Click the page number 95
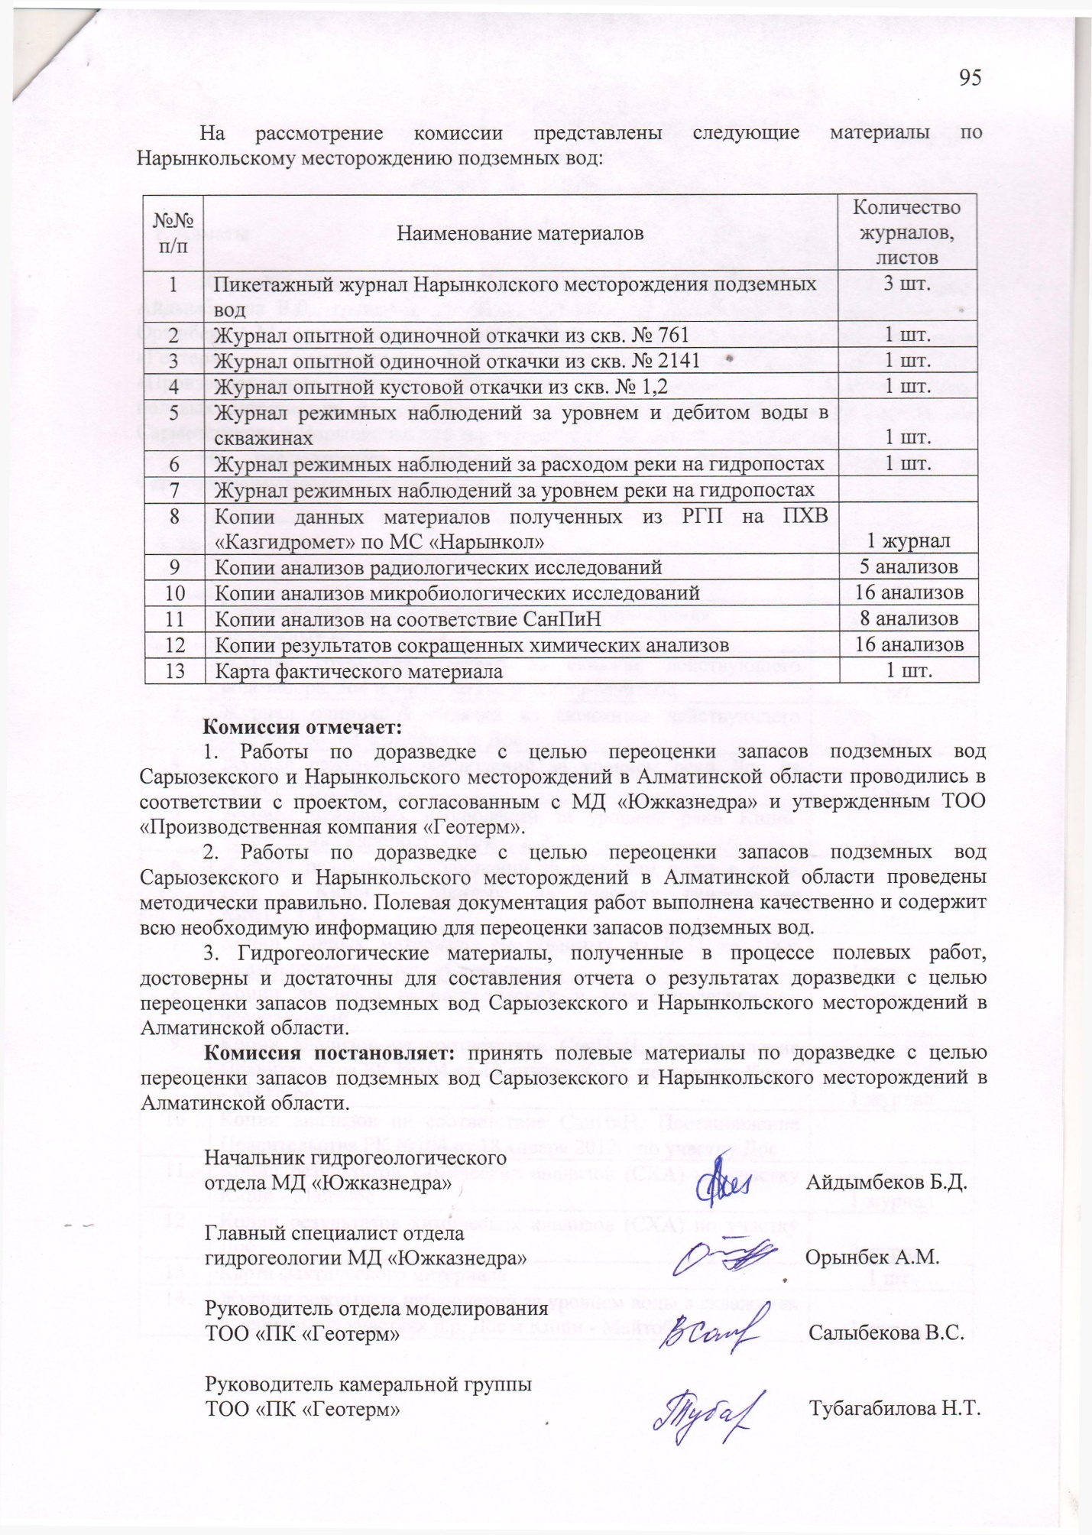(x=970, y=78)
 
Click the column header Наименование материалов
(x=520, y=232)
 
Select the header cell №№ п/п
(x=173, y=232)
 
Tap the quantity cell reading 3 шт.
(x=907, y=284)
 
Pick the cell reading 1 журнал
(x=909, y=541)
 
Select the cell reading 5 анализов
(x=909, y=566)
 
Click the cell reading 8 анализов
(x=909, y=618)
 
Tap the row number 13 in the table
(x=174, y=671)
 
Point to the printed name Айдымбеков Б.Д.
(x=887, y=1182)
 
